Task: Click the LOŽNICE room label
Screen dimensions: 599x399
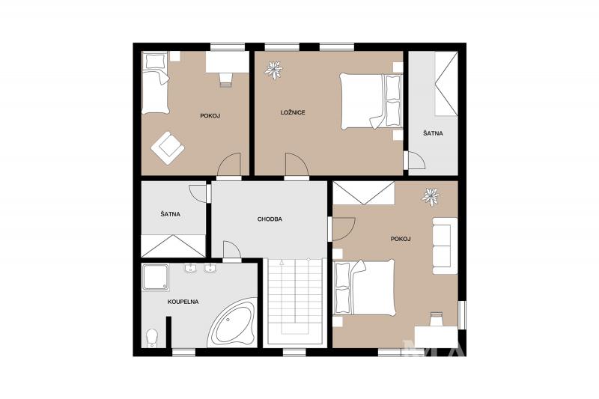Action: [293, 112]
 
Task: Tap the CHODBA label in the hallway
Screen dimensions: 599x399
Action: [270, 219]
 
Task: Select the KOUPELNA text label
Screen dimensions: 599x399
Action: [183, 302]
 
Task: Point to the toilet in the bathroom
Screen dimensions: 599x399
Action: [152, 338]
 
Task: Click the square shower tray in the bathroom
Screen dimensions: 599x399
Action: [156, 277]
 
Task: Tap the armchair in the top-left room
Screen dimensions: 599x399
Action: [168, 147]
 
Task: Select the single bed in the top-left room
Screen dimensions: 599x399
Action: [156, 83]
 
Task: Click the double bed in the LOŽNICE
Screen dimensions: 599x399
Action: [371, 101]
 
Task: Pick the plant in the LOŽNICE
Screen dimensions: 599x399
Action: [273, 70]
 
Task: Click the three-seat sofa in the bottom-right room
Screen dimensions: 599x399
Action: [445, 246]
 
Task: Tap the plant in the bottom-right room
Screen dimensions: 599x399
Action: [431, 197]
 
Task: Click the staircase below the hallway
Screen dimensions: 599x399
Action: [294, 302]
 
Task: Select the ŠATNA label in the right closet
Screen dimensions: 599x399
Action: [433, 134]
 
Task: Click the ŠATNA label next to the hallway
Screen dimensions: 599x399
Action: [171, 214]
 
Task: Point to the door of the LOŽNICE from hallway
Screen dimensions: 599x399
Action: [297, 165]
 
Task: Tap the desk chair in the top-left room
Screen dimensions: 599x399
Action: [226, 79]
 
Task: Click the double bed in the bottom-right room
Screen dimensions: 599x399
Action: [364, 287]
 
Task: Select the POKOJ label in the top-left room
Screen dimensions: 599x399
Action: [210, 116]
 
